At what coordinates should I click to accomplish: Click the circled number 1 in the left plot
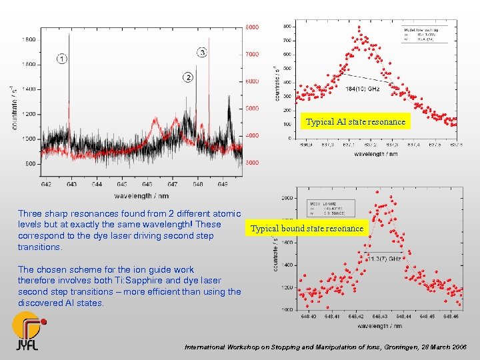point(62,59)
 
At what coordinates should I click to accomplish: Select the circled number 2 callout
point(188,78)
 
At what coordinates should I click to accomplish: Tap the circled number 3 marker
point(202,53)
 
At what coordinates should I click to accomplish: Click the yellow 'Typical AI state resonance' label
point(355,122)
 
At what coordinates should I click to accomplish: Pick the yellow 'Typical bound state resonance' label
point(307,229)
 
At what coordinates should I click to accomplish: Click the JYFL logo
point(29,331)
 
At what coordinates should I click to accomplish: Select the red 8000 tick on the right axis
point(251,27)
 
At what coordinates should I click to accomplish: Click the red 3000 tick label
point(251,163)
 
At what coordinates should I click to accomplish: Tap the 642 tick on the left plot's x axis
point(46,183)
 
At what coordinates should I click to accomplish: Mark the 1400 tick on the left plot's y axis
point(29,89)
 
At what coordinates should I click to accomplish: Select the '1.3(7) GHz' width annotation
point(385,257)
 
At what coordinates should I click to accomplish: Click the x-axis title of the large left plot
point(141,195)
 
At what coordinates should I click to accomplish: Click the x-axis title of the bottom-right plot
point(379,326)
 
